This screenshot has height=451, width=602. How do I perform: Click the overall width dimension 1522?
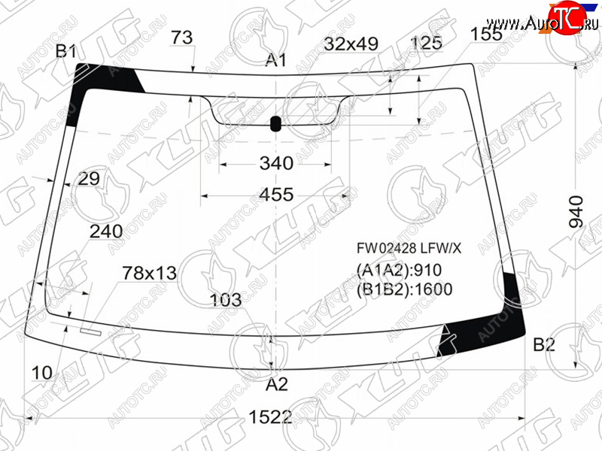(270, 416)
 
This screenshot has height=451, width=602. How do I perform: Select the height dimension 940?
(576, 211)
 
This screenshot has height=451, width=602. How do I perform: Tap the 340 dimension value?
(276, 163)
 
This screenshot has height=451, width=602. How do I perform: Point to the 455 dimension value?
(276, 195)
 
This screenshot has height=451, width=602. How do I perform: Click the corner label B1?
(66, 51)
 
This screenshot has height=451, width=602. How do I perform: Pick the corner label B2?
(544, 345)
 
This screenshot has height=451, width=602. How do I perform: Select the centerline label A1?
(276, 60)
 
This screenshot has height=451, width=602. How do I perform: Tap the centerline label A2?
(277, 384)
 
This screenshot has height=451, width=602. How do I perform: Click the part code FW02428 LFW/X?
(409, 249)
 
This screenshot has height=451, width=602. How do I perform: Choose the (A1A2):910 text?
(400, 271)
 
